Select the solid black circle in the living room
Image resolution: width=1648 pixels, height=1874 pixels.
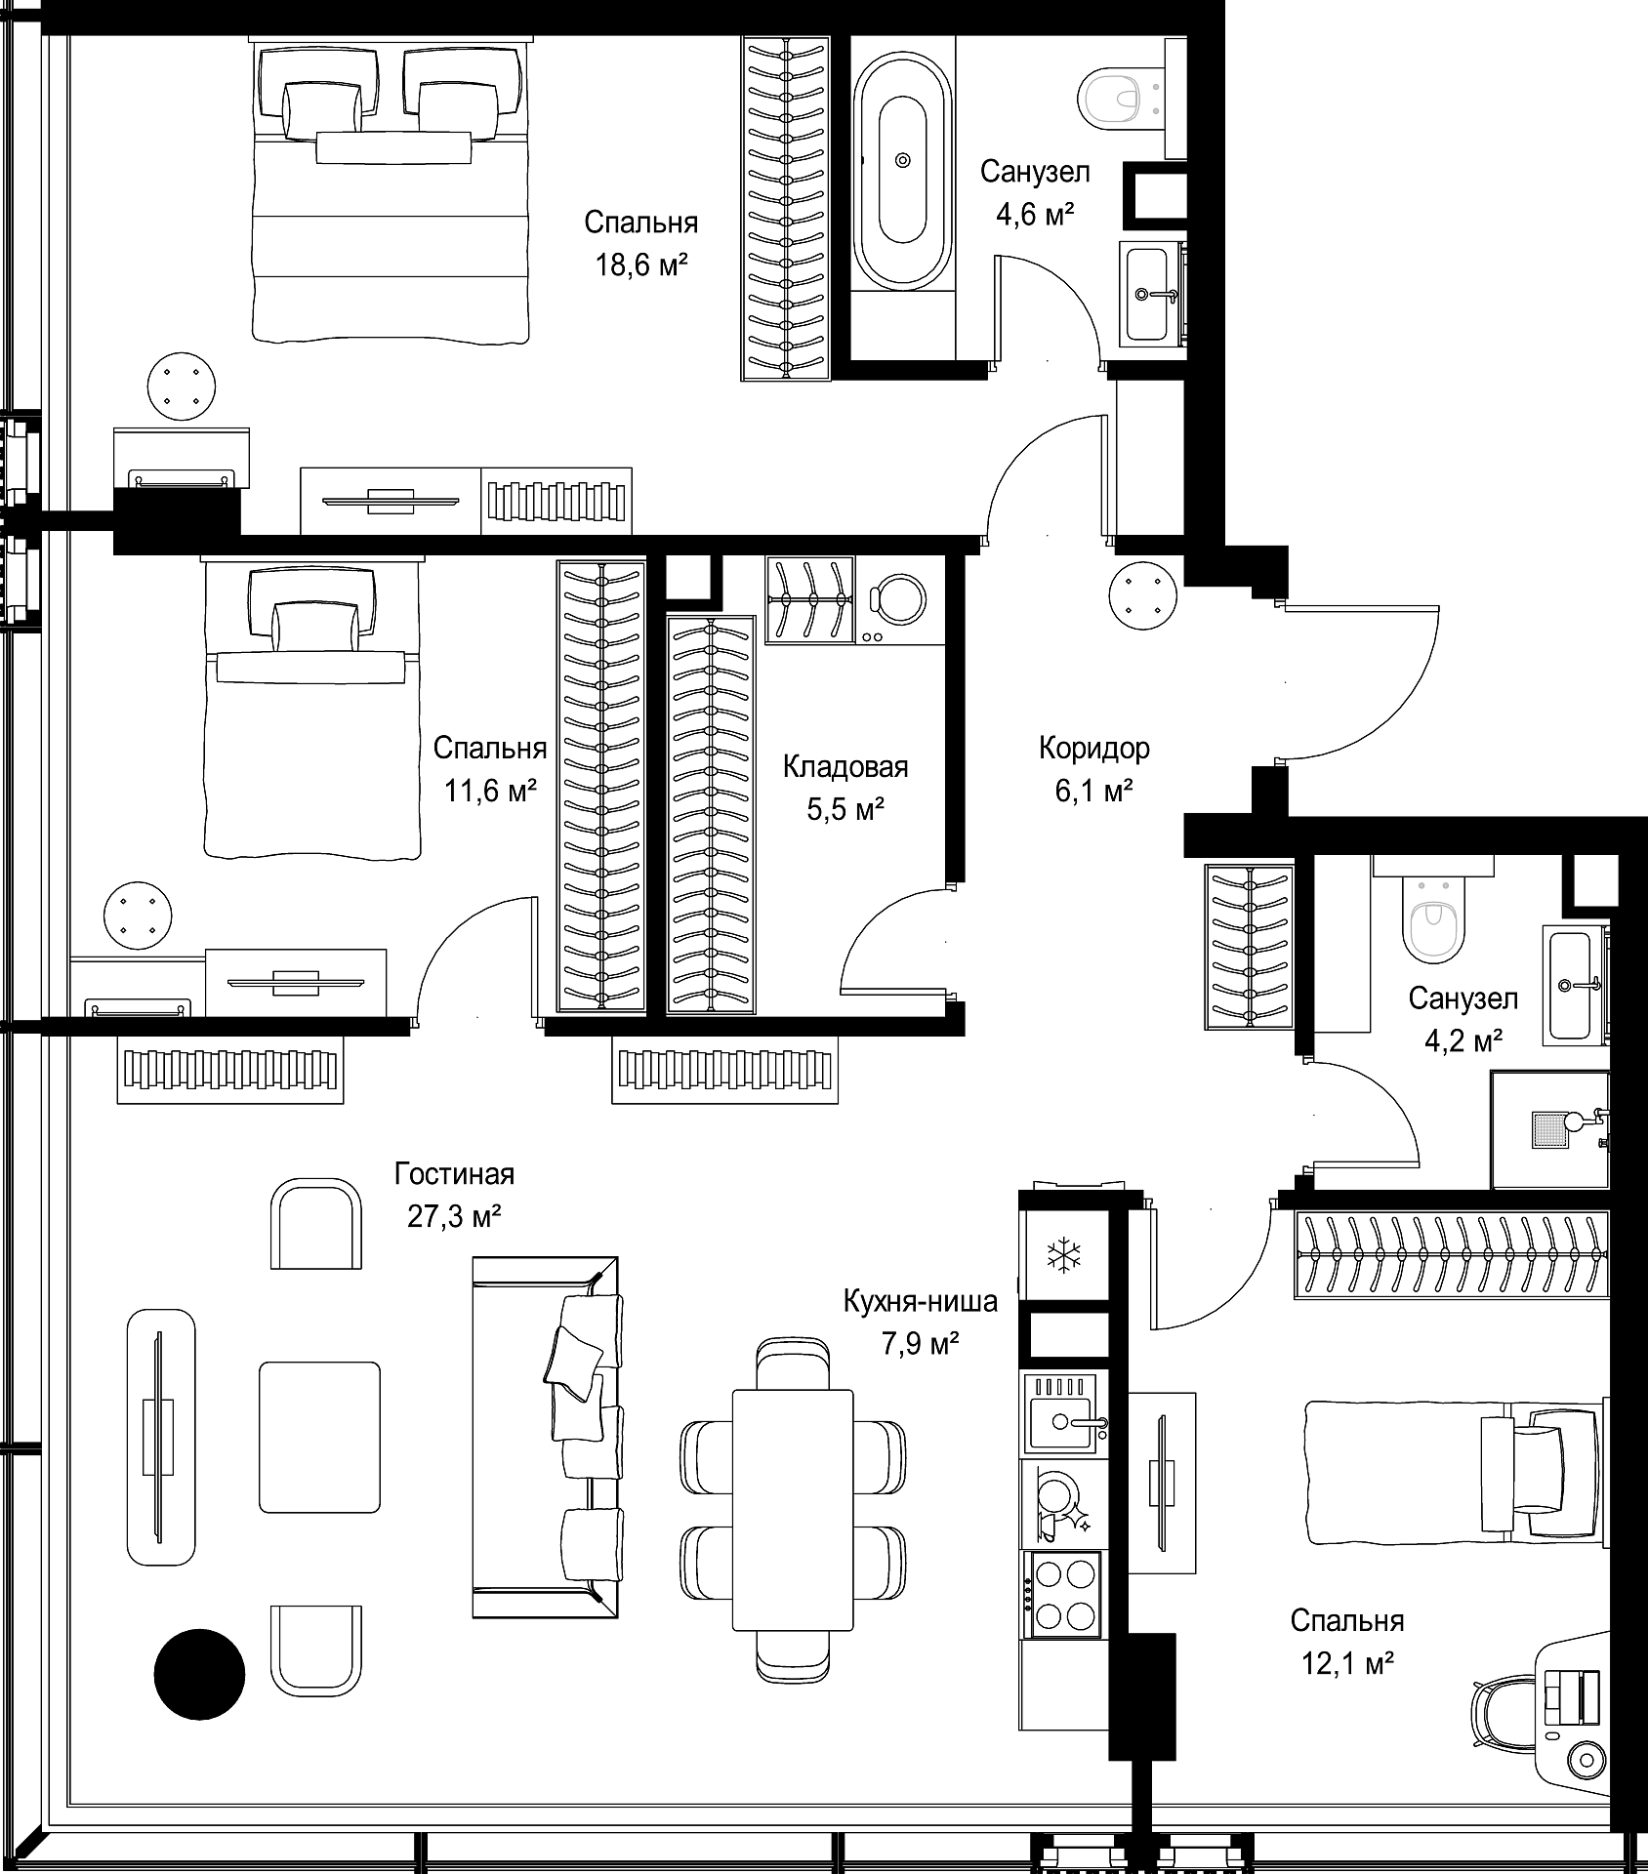[x=199, y=1674]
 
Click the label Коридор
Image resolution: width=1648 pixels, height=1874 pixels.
[x=1093, y=749]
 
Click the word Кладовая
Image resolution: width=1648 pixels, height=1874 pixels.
[x=845, y=767]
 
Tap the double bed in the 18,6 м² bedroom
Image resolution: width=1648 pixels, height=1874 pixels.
[x=391, y=190]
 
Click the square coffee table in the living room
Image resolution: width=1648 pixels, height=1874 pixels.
[x=319, y=1437]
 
